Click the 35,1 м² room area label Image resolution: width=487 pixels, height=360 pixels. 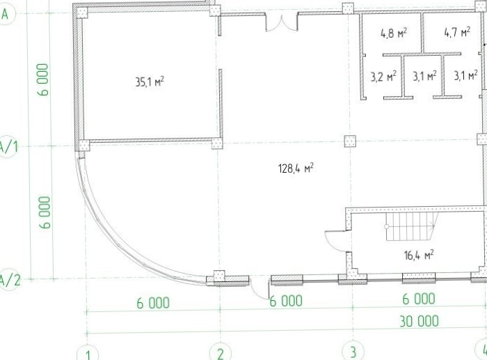pyautogui.click(x=150, y=81)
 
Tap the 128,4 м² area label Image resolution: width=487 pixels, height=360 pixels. pyautogui.click(x=296, y=169)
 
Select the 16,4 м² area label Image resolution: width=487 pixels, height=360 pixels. pyautogui.click(x=419, y=256)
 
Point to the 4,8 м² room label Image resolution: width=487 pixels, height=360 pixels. pyautogui.click(x=394, y=33)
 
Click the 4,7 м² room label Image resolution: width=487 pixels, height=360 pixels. pyautogui.click(x=457, y=32)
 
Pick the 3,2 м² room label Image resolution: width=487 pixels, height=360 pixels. pyautogui.click(x=383, y=76)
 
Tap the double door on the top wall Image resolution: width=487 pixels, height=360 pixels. pyautogui.click(x=282, y=23)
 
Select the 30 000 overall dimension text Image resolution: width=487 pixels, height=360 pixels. pyautogui.click(x=420, y=321)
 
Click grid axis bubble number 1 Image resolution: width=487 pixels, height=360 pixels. pyautogui.click(x=88, y=354)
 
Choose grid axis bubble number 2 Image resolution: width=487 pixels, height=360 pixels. pyautogui.click(x=221, y=352)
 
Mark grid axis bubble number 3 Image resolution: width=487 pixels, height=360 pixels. pyautogui.click(x=353, y=352)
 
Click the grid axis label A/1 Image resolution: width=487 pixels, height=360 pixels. pyautogui.click(x=8, y=146)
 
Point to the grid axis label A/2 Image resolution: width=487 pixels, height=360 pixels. pyautogui.click(x=9, y=280)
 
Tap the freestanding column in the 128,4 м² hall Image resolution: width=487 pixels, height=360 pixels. pyautogui.click(x=351, y=141)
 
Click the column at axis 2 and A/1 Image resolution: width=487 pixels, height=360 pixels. pyautogui.click(x=217, y=143)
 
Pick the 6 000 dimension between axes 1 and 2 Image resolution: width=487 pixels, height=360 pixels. pyautogui.click(x=153, y=303)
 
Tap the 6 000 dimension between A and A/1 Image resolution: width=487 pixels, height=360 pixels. pyautogui.click(x=43, y=79)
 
